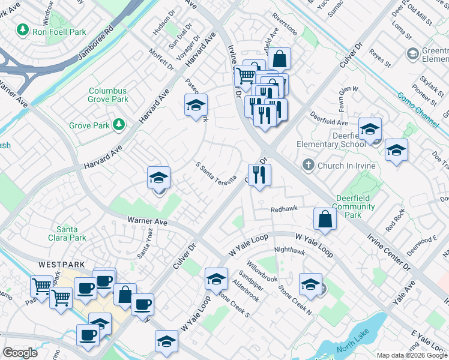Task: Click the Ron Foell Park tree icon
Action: click(23, 29)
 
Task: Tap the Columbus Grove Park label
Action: click(109, 95)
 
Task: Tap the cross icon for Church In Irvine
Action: click(308, 165)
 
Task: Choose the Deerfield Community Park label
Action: click(354, 206)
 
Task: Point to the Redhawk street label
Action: click(284, 209)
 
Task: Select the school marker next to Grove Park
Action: click(196, 106)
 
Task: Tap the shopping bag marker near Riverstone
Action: click(279, 59)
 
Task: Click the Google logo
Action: click(20, 353)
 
